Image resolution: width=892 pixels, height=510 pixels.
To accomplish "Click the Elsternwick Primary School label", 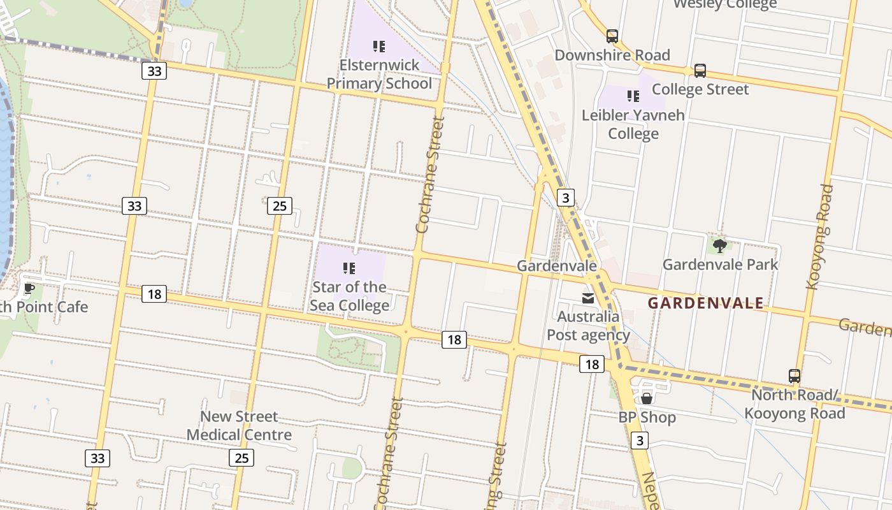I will [x=379, y=74].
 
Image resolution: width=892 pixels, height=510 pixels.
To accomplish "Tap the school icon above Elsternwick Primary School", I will [x=379, y=46].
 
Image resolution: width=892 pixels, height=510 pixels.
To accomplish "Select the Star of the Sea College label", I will [x=349, y=296].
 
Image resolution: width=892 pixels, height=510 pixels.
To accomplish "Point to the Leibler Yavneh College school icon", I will [x=633, y=96].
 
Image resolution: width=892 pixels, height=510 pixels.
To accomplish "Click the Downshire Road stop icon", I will [x=612, y=36].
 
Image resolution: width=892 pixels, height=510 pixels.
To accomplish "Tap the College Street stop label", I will [x=700, y=89].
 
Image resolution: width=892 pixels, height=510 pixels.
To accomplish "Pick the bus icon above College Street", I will [x=700, y=71].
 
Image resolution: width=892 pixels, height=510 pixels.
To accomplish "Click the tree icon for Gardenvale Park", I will [x=720, y=245].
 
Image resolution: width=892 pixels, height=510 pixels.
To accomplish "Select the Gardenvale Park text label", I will [x=720, y=265].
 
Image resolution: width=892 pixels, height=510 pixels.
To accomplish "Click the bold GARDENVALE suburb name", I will [x=705, y=303].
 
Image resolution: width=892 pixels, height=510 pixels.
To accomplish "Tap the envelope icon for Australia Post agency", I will [x=587, y=298].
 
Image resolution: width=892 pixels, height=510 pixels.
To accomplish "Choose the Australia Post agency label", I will [x=588, y=326].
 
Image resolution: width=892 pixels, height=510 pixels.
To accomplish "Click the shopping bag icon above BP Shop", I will [x=647, y=398].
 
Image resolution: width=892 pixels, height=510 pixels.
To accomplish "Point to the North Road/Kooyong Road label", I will [x=795, y=404].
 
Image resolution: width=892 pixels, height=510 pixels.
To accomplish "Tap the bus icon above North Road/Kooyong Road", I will [x=795, y=376].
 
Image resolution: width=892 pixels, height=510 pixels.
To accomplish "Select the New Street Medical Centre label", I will [x=239, y=426].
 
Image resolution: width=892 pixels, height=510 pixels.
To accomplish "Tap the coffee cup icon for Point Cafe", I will [x=29, y=288].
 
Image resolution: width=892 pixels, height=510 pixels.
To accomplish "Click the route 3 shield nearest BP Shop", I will [x=640, y=440].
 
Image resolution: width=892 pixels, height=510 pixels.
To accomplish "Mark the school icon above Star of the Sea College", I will [x=349, y=268].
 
